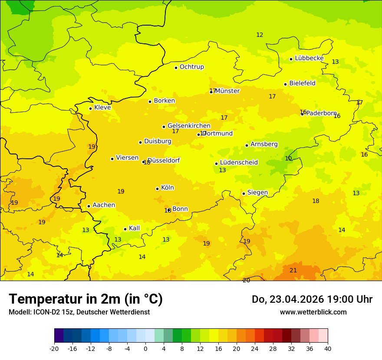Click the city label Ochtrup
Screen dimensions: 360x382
[191, 67]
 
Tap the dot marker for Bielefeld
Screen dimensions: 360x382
[285, 84]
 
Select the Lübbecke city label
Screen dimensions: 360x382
[309, 58]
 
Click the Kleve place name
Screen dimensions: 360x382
[102, 108]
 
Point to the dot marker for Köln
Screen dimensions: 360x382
[157, 189]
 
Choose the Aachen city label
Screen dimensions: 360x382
[104, 205]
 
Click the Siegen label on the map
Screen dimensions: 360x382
[257, 193]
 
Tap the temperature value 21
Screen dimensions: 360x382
[293, 270]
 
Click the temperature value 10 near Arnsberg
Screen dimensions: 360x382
[289, 158]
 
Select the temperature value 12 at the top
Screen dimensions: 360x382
[260, 35]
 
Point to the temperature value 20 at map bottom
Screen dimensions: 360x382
[246, 280]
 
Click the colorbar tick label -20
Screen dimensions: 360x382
[54, 349]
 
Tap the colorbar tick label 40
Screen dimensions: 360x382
[328, 349]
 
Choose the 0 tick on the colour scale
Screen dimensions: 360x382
[145, 349]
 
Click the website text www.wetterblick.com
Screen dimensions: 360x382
[313, 312]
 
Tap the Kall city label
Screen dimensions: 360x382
[134, 228]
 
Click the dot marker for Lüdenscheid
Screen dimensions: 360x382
[216, 164]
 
